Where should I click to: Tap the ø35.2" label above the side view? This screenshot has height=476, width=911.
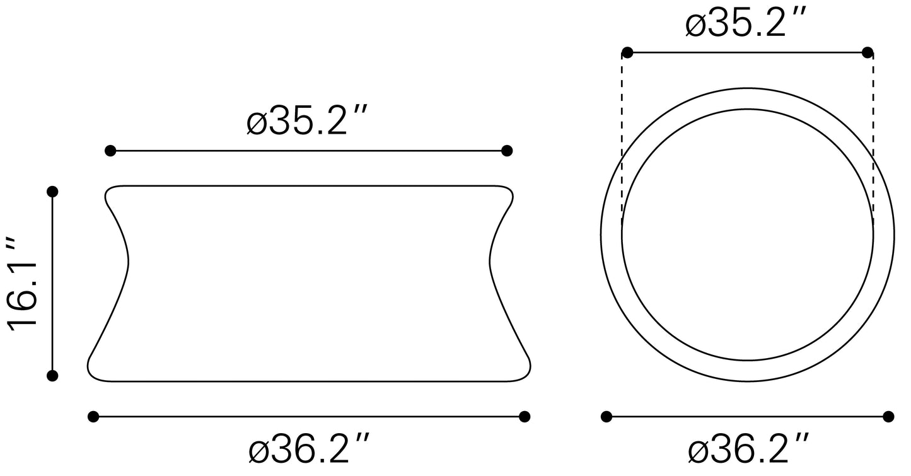coord(306,121)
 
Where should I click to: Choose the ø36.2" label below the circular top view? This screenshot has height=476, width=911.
coord(747,450)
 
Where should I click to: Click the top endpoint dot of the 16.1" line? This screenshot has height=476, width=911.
coord(52,191)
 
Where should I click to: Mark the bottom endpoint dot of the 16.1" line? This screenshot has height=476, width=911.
coord(52,376)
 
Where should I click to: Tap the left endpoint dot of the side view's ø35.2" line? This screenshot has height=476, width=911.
coord(110,151)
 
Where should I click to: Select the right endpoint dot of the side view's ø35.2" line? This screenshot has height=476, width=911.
coord(506,151)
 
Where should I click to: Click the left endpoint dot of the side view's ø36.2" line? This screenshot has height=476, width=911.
coord(93,416)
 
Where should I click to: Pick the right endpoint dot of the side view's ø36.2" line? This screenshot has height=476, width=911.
coord(524,416)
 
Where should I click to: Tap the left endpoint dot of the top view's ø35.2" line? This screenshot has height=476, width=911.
coord(627,52)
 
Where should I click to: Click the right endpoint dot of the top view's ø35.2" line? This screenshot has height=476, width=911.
coord(867,52)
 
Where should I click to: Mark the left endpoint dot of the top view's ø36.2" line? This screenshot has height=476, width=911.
coord(606,416)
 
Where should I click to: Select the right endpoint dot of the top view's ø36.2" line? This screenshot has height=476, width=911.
coord(888,416)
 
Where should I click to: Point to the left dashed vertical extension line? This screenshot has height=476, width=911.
coord(622,139)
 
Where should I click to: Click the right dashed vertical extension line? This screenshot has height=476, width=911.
coord(873,139)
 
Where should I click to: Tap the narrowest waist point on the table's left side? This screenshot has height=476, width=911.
coord(129,260)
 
